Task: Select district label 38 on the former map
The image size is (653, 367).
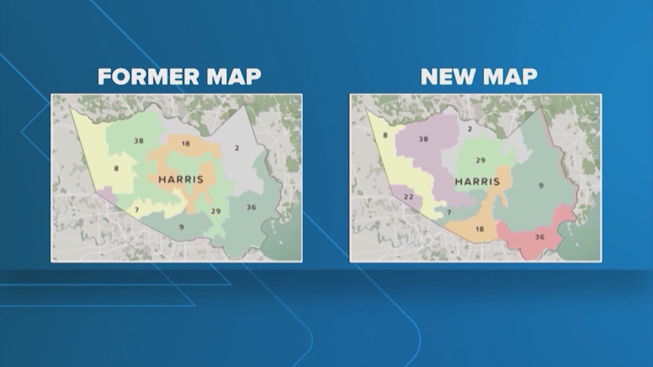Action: pos(138,141)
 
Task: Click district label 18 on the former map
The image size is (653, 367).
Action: pos(185,144)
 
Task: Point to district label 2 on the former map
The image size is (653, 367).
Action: pos(237,148)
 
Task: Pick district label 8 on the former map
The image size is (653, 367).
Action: pos(116,169)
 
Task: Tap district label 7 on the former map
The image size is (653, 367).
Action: pos(137,210)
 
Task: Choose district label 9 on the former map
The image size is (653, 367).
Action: pos(181,227)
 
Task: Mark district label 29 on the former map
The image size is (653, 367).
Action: pos(216,211)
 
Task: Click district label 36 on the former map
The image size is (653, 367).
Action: pos(251,207)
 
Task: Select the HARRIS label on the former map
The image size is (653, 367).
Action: pos(181,179)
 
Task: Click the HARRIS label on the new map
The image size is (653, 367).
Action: pos(478,181)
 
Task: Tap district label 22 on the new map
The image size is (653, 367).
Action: pos(408,197)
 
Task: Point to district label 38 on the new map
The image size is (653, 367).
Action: pos(423,139)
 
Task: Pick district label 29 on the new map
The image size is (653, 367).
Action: pos(480,160)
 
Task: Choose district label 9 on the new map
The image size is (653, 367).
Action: pos(541,186)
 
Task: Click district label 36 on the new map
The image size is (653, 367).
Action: pos(540,237)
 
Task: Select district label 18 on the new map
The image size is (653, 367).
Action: pos(480,229)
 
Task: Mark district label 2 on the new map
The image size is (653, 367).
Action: pos(470,129)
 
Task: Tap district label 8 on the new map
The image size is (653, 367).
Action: pos(385,135)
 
